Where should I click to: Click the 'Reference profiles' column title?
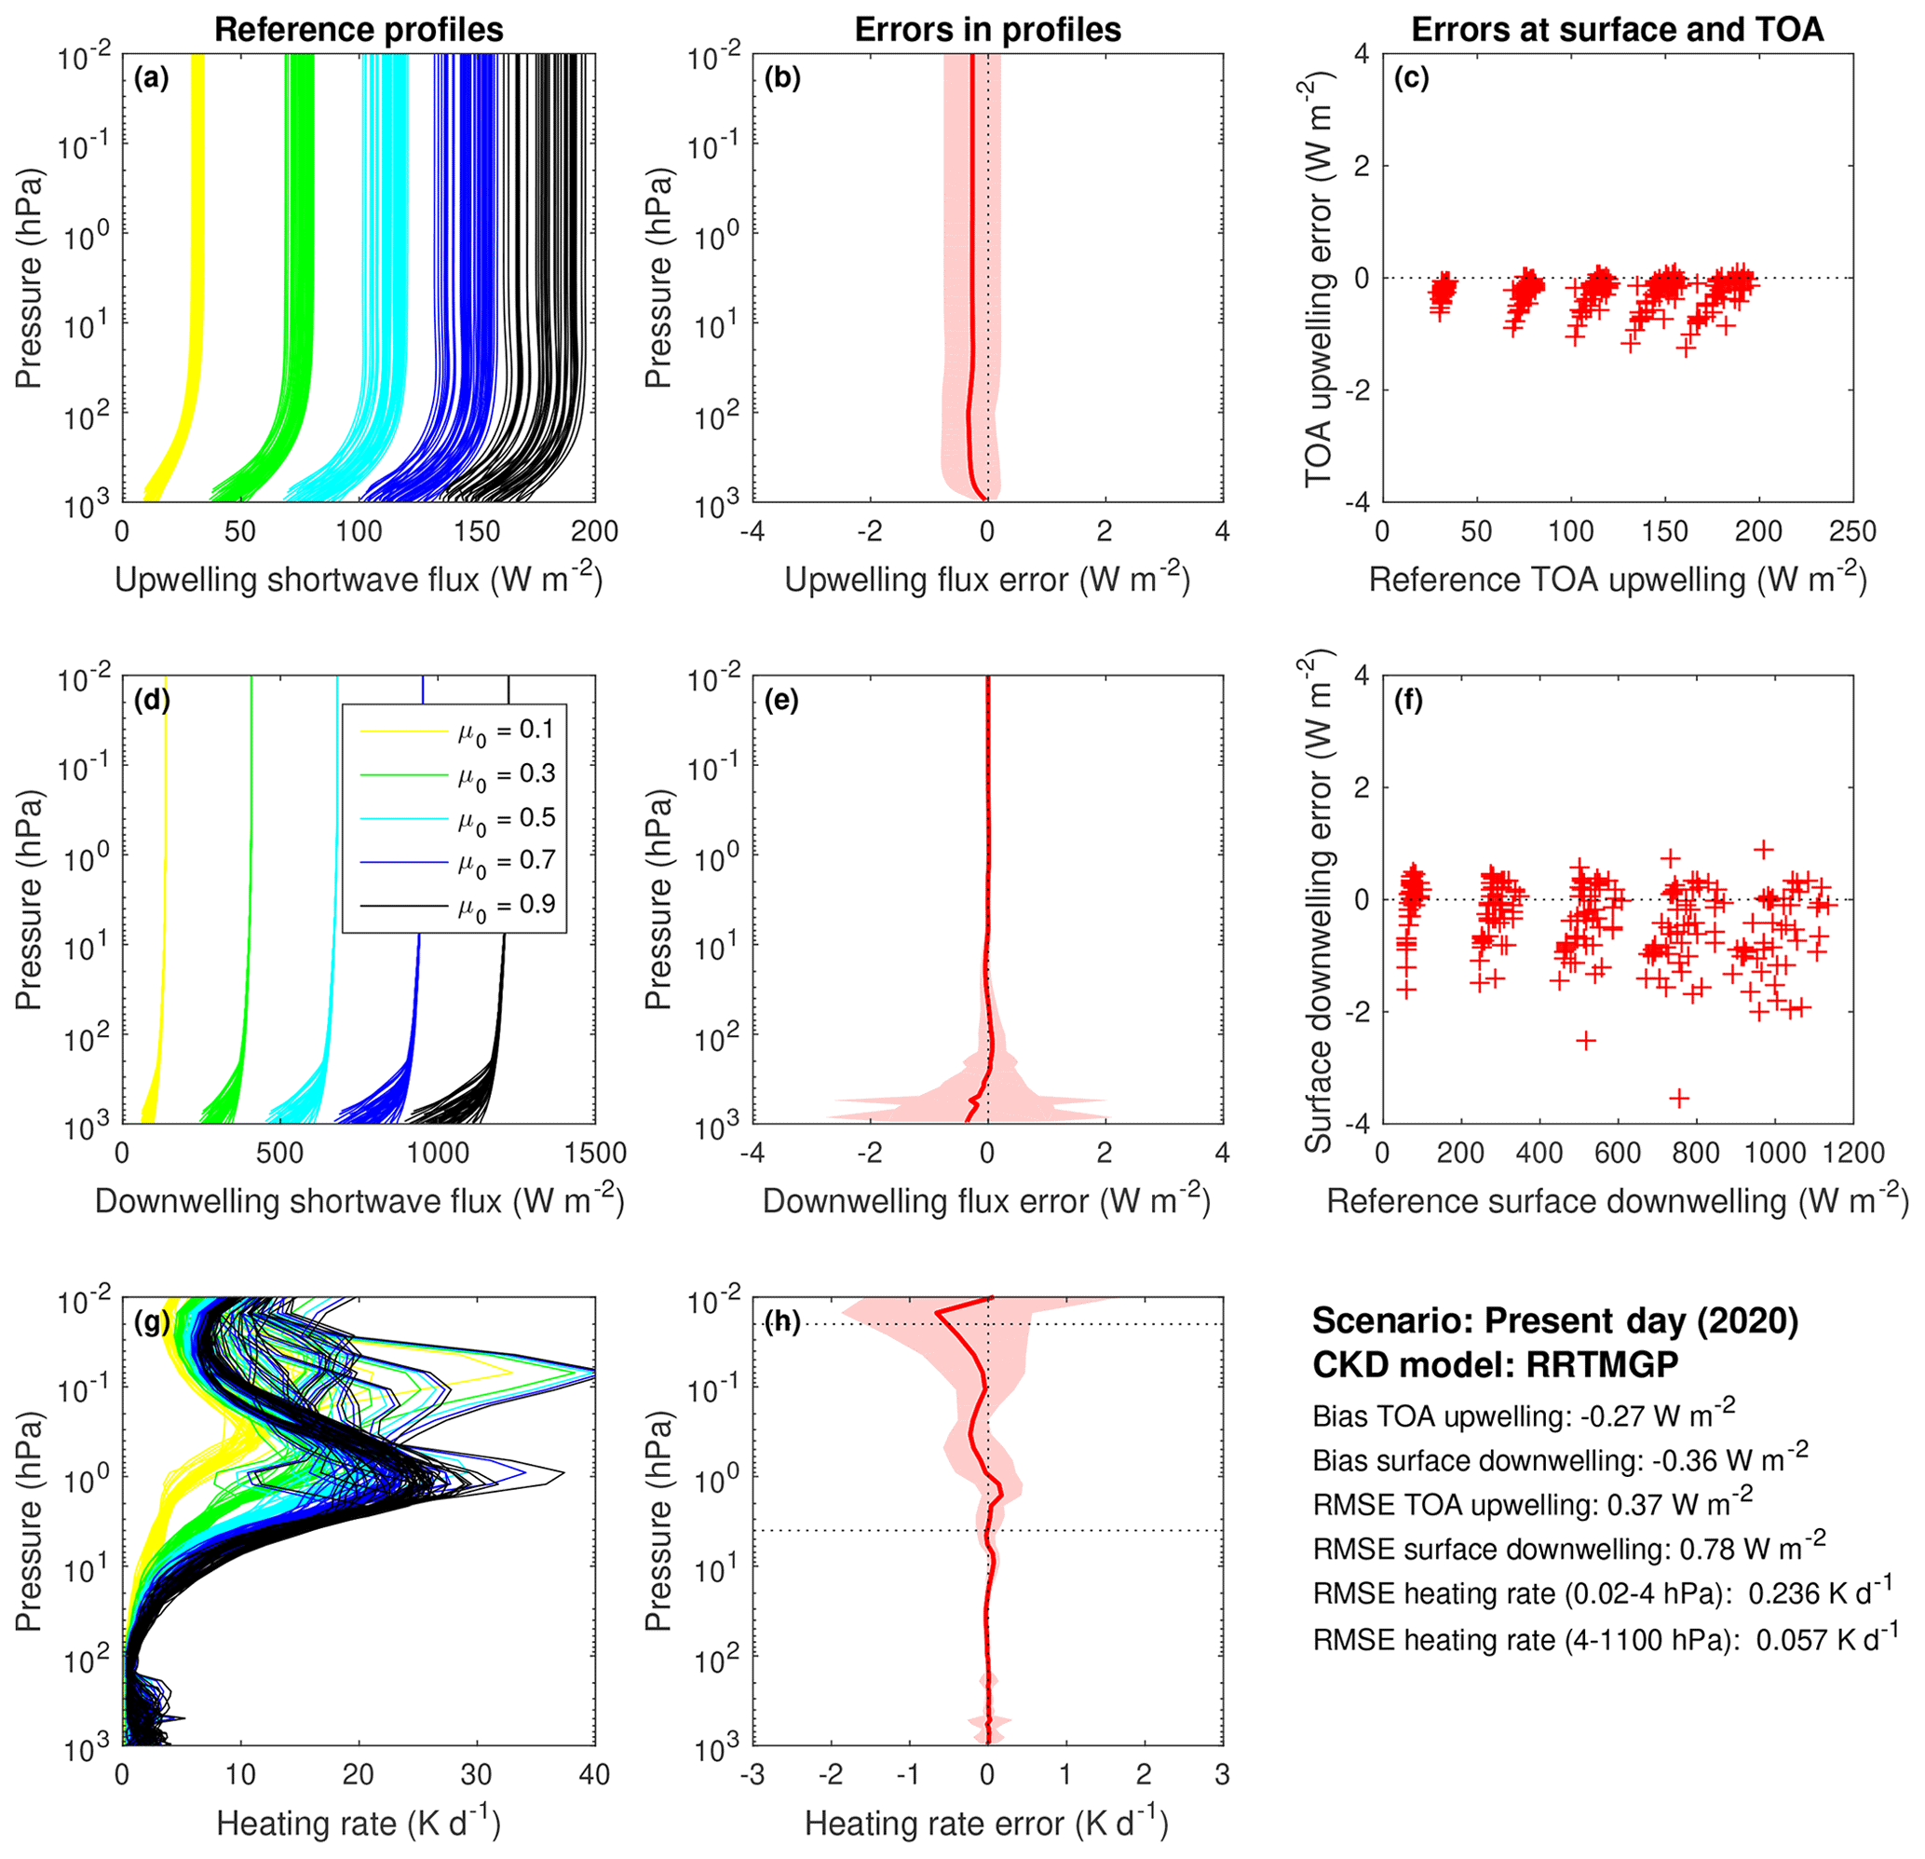tap(359, 30)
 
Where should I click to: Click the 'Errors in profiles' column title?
tap(987, 30)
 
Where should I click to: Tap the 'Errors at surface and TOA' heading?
tap(1617, 30)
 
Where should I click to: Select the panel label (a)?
tap(151, 78)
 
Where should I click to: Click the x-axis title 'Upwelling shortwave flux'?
tap(359, 580)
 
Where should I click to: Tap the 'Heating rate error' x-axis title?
tap(986, 1824)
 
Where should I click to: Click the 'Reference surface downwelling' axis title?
tap(1617, 1202)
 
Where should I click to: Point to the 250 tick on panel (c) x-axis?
tap(1852, 531)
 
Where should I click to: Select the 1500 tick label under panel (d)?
tap(595, 1153)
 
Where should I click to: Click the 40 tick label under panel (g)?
tap(595, 1774)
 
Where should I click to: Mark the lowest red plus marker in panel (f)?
tap(1679, 1098)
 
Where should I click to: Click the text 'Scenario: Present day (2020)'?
tap(1554, 1321)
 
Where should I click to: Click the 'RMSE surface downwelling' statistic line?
tap(1568, 1550)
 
